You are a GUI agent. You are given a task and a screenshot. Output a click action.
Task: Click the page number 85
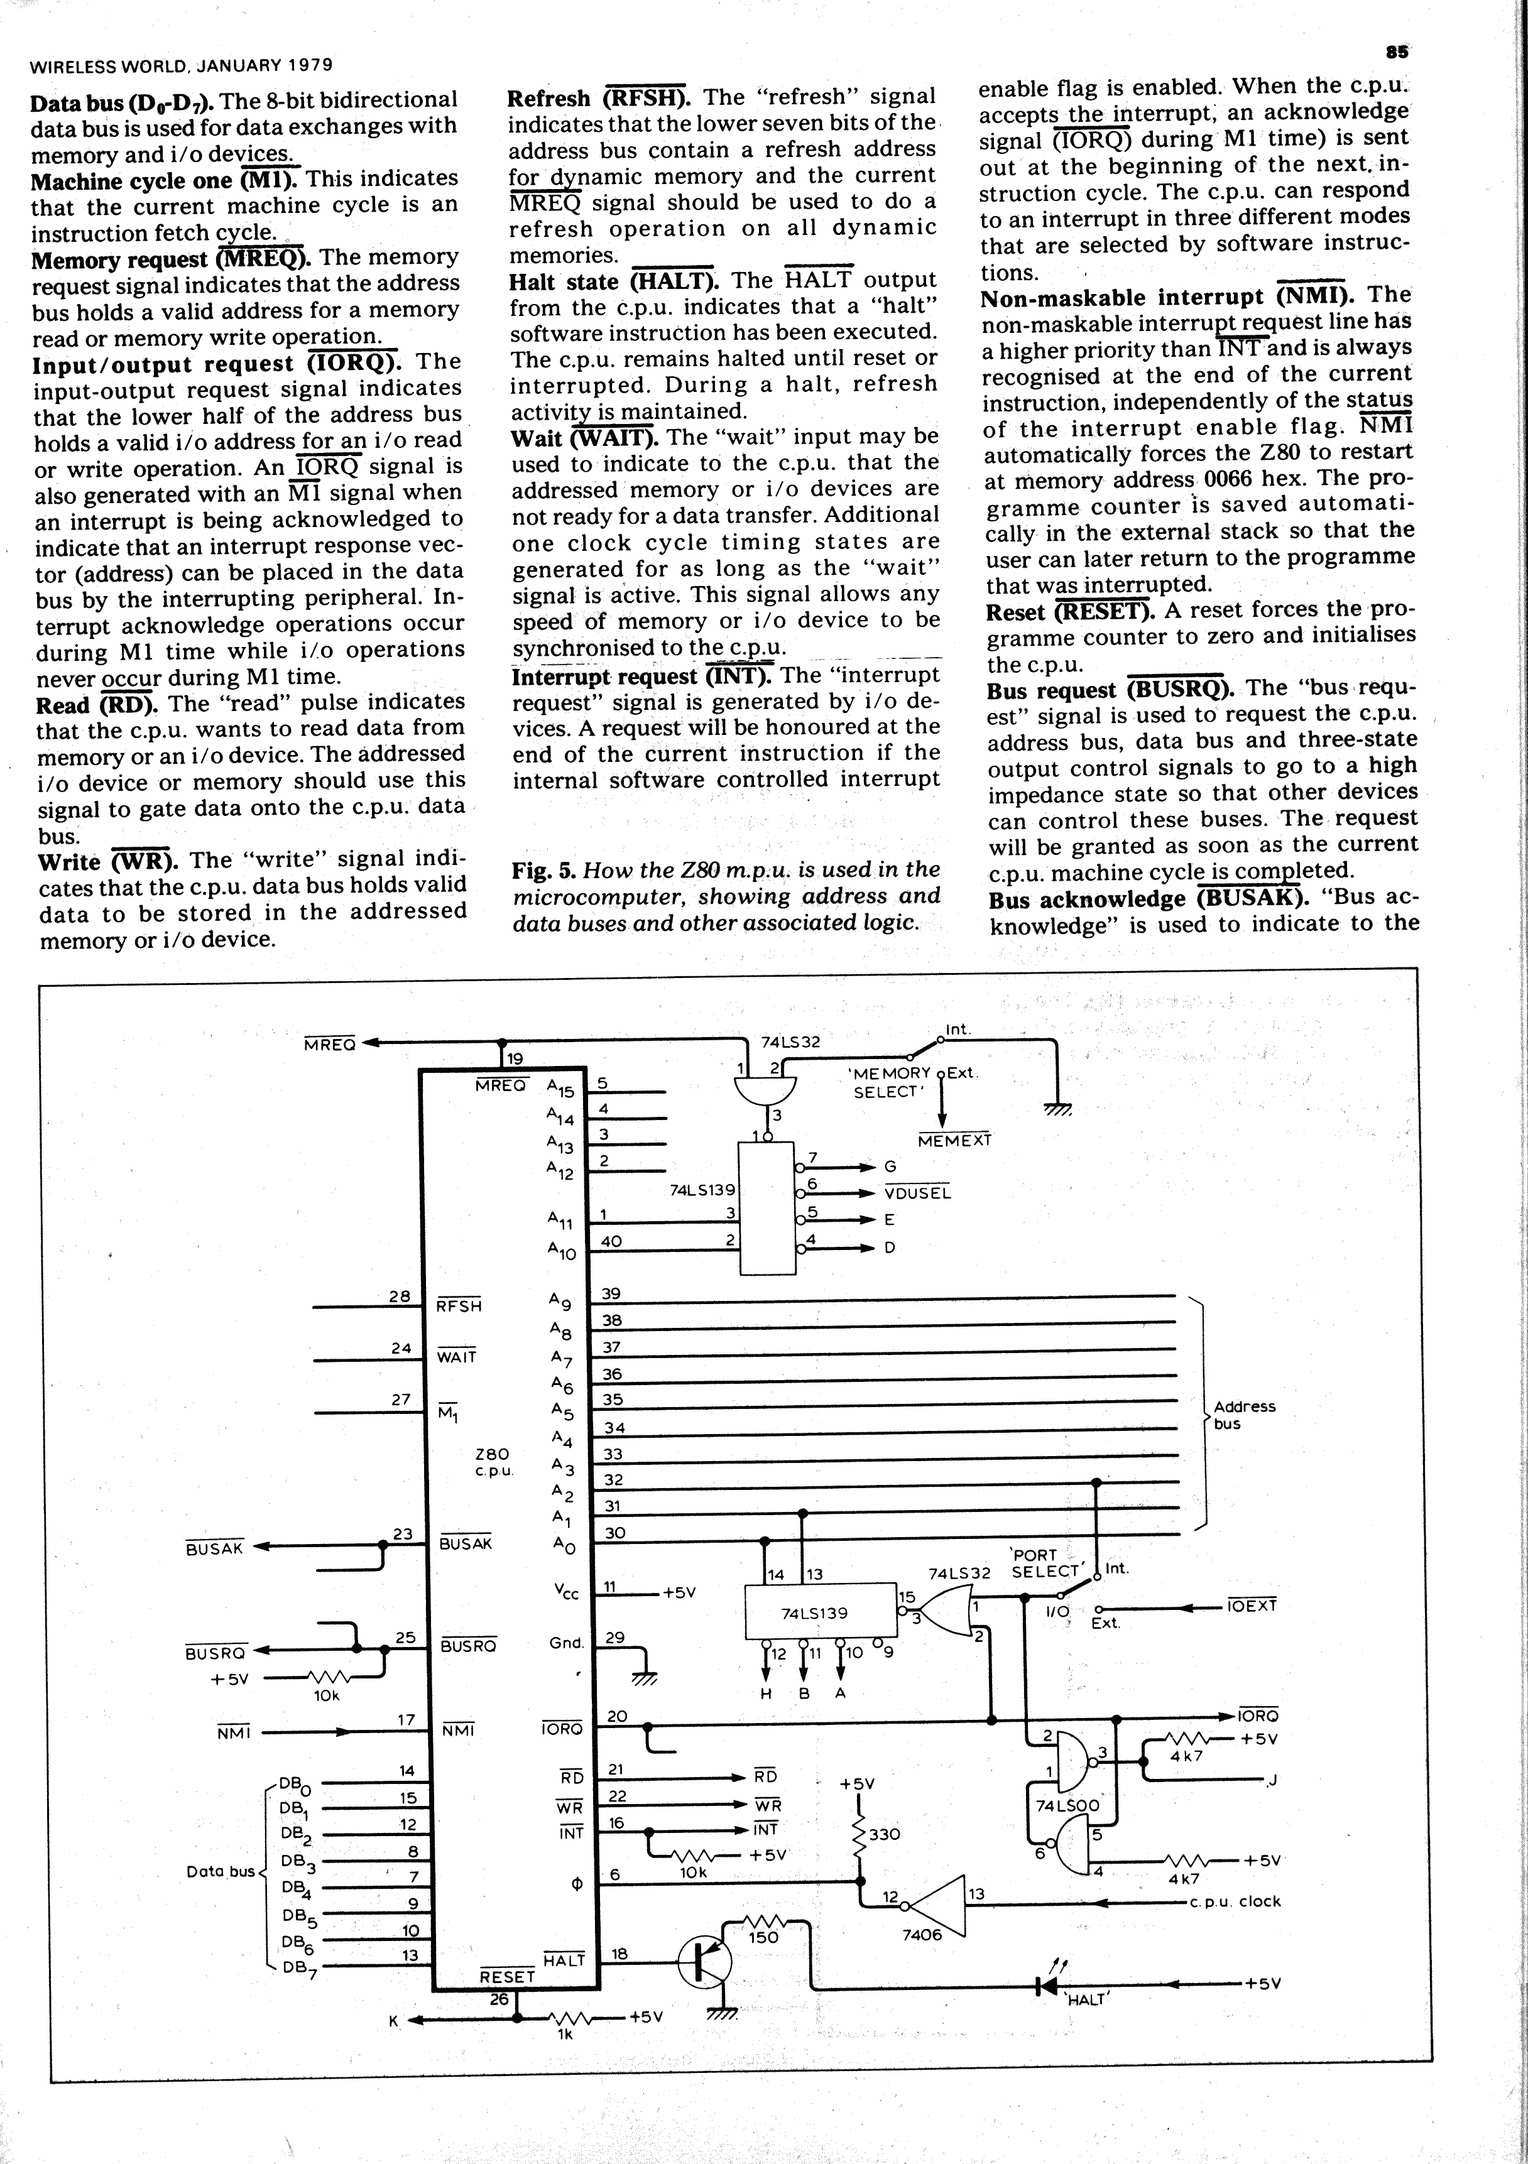coord(1397,52)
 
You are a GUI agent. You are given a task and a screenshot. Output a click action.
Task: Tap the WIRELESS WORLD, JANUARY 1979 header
coord(181,66)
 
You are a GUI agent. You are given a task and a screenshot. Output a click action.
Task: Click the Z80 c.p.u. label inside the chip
coord(493,1462)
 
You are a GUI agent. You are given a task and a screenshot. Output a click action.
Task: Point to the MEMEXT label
coord(954,1141)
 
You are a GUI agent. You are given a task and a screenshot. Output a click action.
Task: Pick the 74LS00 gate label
coord(1067,1806)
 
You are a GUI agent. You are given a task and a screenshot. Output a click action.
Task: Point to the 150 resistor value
coord(763,1938)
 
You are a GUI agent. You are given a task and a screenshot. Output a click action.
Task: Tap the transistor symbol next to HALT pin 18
coord(704,1964)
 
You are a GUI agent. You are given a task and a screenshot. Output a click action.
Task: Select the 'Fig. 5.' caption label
coord(544,870)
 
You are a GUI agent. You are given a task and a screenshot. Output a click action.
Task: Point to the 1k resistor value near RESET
coord(565,2035)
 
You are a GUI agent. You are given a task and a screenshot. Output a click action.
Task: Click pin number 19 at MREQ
coord(515,1059)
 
